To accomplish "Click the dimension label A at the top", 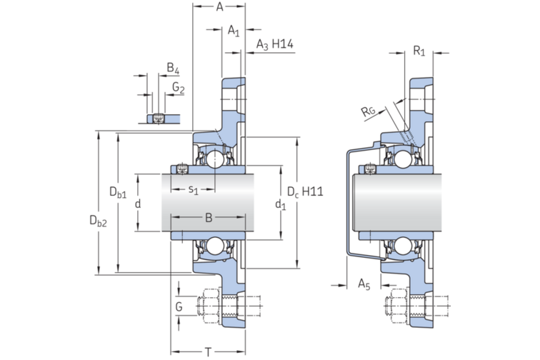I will (x=220, y=8).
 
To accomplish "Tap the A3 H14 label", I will (x=275, y=46).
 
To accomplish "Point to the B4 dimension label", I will (x=173, y=69).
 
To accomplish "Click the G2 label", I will (x=179, y=89).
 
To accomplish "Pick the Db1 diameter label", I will (x=118, y=191).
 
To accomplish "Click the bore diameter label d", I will (x=138, y=204).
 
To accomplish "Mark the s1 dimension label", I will (x=193, y=189).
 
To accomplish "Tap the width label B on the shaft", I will (x=209, y=216).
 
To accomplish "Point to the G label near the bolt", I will (x=179, y=306).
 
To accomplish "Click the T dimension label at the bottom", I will (x=208, y=351).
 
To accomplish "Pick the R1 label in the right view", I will (x=419, y=51).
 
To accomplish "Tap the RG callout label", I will (x=369, y=111).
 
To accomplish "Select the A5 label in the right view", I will (x=364, y=284).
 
